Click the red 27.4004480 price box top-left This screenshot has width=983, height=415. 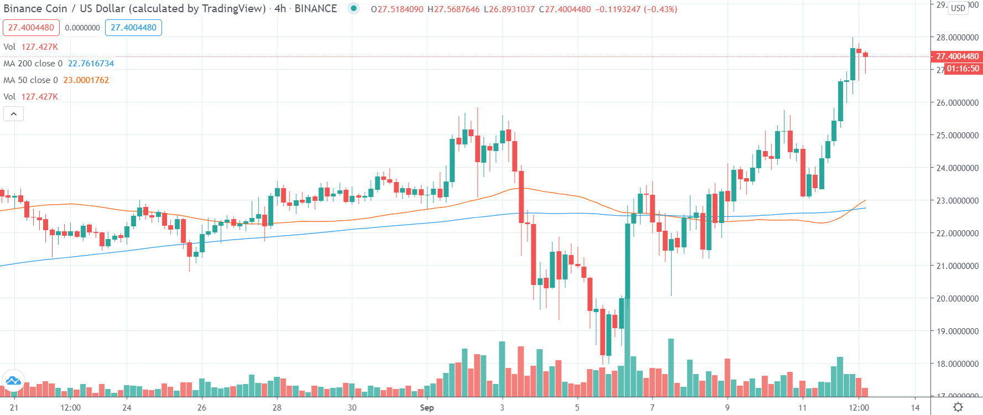[x=31, y=28]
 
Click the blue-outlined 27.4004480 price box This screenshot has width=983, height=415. [x=133, y=28]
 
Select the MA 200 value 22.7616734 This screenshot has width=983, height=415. [x=91, y=64]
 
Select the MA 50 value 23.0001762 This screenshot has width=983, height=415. [x=86, y=80]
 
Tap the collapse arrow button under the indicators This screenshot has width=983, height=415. [x=13, y=114]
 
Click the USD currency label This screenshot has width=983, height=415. [x=958, y=8]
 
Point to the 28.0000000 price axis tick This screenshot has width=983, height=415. [x=957, y=38]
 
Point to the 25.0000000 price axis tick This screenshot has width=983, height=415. [x=957, y=135]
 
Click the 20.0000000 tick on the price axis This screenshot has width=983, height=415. [x=957, y=298]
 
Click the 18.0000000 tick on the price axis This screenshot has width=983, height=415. [x=957, y=364]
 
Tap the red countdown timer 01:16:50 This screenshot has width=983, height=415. [x=963, y=69]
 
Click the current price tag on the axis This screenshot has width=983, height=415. [x=957, y=56]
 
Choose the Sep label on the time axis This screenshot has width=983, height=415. [x=427, y=408]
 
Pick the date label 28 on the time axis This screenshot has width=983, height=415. [x=277, y=408]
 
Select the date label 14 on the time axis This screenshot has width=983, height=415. [x=916, y=408]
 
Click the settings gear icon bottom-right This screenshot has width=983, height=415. [x=958, y=407]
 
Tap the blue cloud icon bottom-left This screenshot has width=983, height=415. [x=13, y=381]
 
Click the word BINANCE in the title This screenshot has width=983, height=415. [x=316, y=9]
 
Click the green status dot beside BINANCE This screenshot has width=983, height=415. [x=354, y=8]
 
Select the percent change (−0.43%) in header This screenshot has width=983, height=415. [x=660, y=9]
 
